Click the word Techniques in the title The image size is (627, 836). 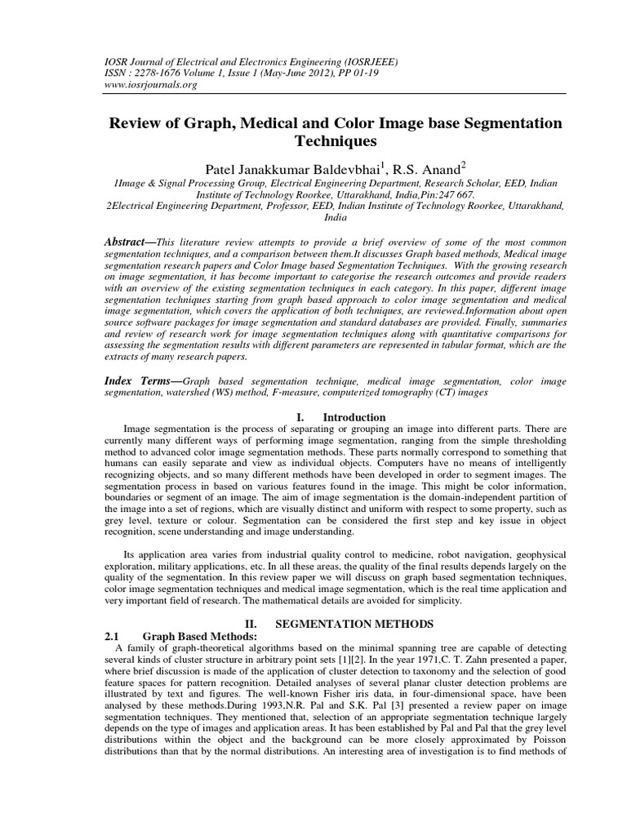pos(313,140)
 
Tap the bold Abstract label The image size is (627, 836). pos(129,244)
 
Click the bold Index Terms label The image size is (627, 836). pos(140,381)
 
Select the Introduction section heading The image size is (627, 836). pos(355,417)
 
